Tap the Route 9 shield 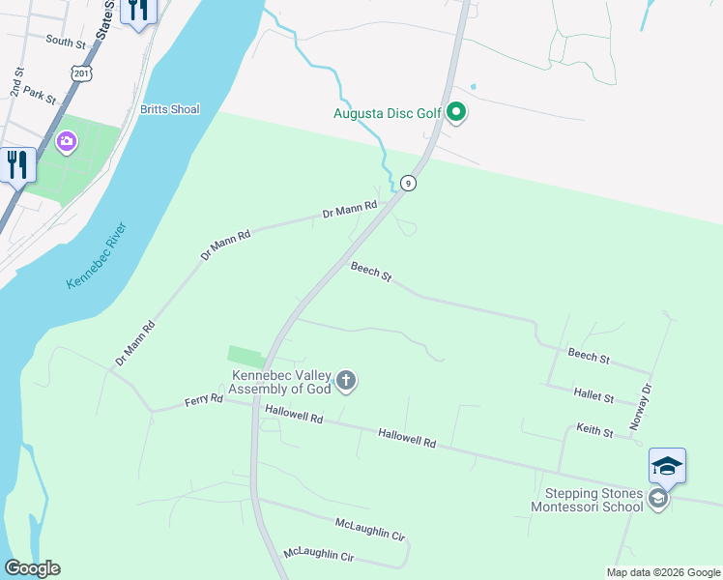(409, 184)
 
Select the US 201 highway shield (83, 73)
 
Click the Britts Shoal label (169, 109)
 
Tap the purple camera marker (67, 143)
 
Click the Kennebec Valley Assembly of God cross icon (346, 382)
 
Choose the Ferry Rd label (204, 399)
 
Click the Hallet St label (593, 396)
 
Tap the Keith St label (594, 431)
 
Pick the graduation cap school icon (667, 467)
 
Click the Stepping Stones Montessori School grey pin (658, 499)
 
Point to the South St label (66, 42)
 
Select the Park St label (41, 96)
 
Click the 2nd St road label (16, 81)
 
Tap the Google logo (32, 568)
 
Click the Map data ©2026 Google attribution (663, 572)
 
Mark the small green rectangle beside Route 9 (245, 357)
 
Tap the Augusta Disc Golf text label (387, 113)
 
